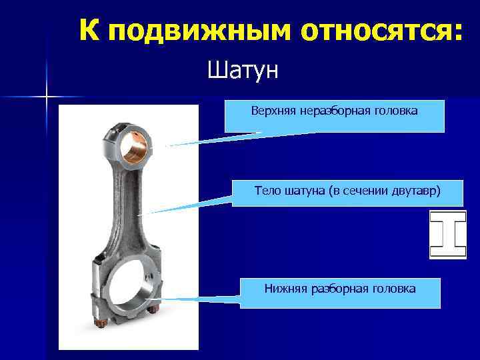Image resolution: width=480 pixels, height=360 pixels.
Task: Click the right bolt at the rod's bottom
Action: click(x=153, y=310)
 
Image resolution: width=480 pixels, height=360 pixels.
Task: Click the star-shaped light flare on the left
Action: click(x=47, y=97)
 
